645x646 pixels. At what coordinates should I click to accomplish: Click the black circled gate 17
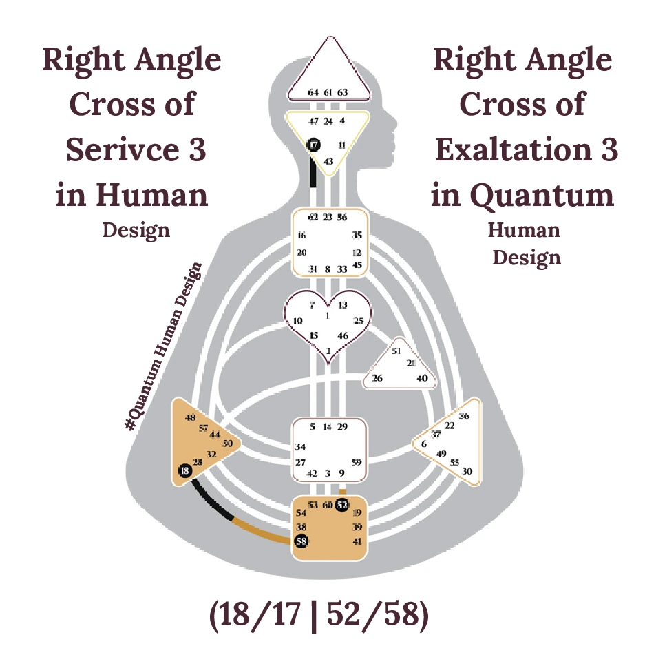click(x=314, y=145)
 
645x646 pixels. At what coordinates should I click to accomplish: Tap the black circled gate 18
click(x=184, y=471)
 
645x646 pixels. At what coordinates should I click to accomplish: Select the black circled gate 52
click(x=342, y=505)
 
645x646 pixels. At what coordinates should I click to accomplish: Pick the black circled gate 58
click(x=302, y=541)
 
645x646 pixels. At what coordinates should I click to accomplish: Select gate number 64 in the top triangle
click(x=313, y=92)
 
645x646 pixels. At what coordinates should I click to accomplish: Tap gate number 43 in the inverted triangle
click(x=328, y=161)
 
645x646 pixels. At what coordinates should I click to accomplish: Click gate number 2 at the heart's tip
click(x=328, y=351)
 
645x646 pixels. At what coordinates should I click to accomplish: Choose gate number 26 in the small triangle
click(x=377, y=379)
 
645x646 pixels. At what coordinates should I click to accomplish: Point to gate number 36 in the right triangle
click(x=464, y=416)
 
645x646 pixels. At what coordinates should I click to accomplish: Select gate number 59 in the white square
click(x=356, y=462)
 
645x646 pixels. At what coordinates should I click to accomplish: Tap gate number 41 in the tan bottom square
click(x=357, y=541)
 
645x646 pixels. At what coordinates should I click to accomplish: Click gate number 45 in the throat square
click(x=357, y=265)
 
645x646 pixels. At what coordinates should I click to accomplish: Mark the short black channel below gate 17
click(x=313, y=173)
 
